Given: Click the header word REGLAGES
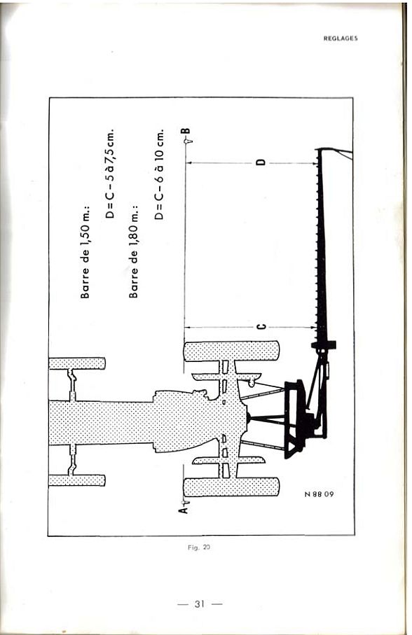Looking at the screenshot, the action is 341,39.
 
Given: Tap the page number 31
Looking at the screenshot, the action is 199,604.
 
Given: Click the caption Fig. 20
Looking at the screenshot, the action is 199,547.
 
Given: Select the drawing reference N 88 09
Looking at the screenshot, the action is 320,494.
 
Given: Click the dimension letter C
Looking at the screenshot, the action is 261,327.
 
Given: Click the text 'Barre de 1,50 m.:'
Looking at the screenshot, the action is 85,253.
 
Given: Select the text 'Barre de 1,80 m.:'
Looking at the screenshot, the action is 134,252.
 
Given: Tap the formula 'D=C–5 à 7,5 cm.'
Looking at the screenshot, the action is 110,174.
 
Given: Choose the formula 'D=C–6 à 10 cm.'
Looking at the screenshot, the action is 158,174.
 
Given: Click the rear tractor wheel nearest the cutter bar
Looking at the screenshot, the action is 231,351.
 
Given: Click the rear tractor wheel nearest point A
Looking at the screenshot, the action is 231,487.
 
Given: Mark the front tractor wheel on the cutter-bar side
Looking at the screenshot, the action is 77,363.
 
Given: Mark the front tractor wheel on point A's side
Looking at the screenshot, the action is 77,480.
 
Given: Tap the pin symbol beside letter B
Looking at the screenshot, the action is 188,141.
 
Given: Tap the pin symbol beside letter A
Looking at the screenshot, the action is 186,502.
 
